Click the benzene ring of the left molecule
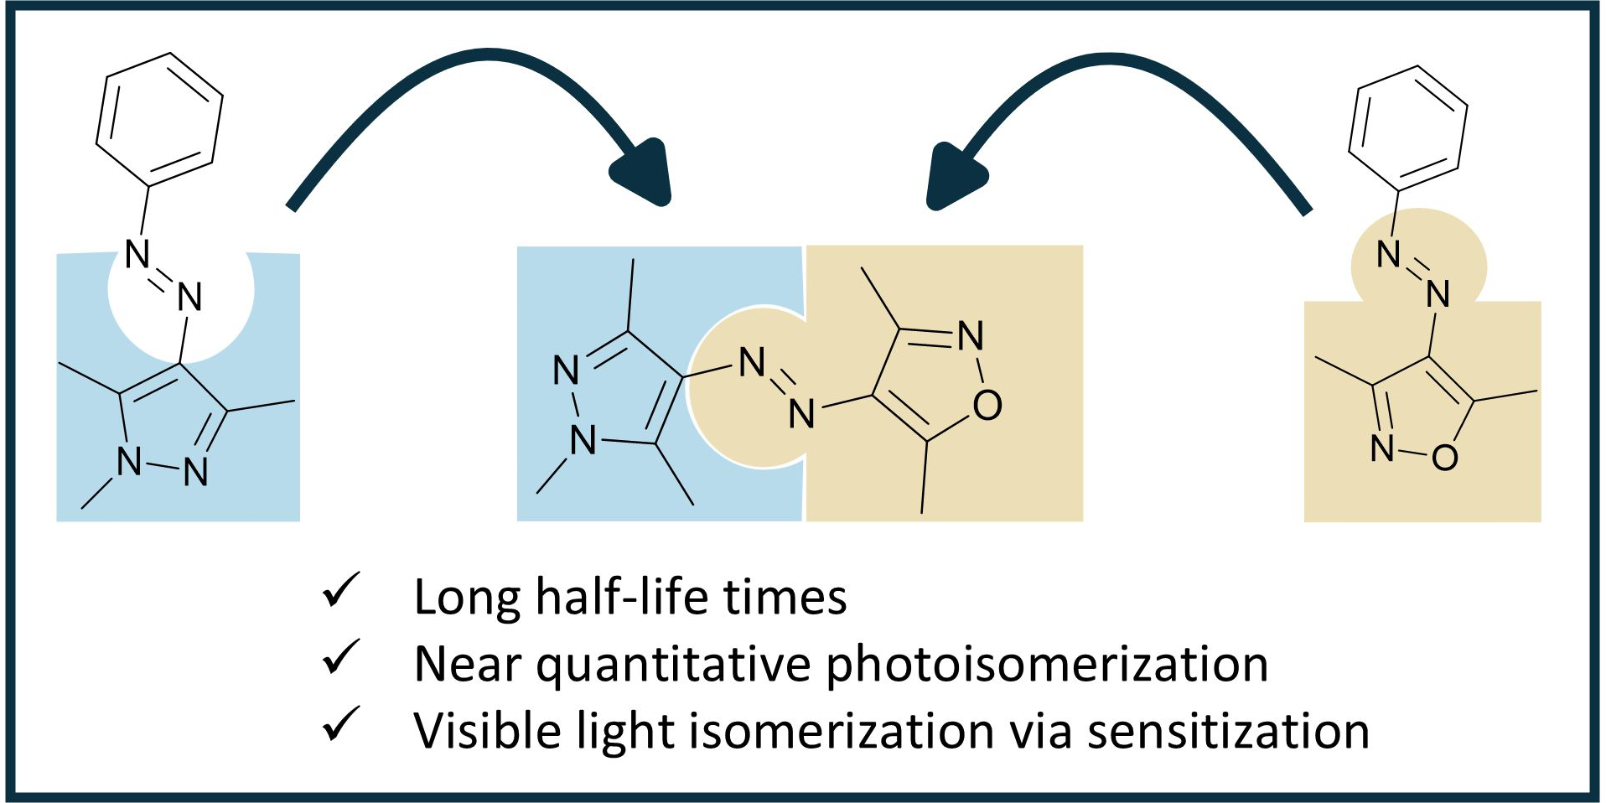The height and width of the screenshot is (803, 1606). point(159,119)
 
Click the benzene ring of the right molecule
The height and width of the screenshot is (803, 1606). point(1407,128)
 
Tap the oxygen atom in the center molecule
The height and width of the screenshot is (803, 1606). point(987,406)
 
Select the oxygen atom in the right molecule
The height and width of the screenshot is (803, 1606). point(1444,458)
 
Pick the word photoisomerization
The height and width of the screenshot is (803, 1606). point(1047,666)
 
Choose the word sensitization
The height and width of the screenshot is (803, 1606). point(1228,731)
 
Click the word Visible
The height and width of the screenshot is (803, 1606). point(487,731)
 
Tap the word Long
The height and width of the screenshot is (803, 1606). point(468,598)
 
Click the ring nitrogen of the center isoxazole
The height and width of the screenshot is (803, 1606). point(971,336)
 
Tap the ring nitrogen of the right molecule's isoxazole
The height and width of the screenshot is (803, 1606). point(1382,448)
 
